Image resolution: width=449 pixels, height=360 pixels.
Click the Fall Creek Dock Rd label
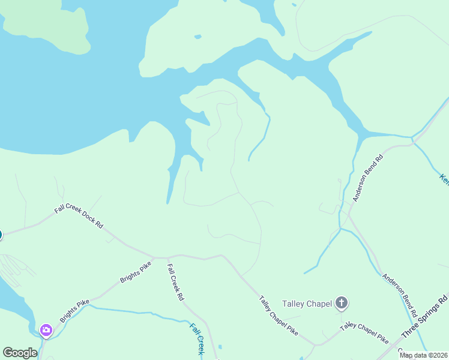(79, 217)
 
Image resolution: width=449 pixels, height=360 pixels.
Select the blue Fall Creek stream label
(197, 339)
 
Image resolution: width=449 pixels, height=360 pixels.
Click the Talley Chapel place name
(307, 304)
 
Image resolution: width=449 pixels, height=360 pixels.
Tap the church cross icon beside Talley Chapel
(341, 303)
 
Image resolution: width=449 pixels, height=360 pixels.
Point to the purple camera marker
(46, 330)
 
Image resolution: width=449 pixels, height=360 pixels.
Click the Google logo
(20, 353)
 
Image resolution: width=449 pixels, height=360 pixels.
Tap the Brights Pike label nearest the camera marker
(74, 310)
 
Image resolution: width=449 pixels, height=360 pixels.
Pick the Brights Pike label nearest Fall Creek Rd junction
(135, 271)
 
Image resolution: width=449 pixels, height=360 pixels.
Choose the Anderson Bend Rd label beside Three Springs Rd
(400, 297)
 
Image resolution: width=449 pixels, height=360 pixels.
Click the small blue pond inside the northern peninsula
(197, 37)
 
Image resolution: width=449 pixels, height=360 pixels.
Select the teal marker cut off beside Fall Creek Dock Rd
(1, 235)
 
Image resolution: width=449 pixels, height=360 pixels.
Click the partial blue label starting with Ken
(444, 178)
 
